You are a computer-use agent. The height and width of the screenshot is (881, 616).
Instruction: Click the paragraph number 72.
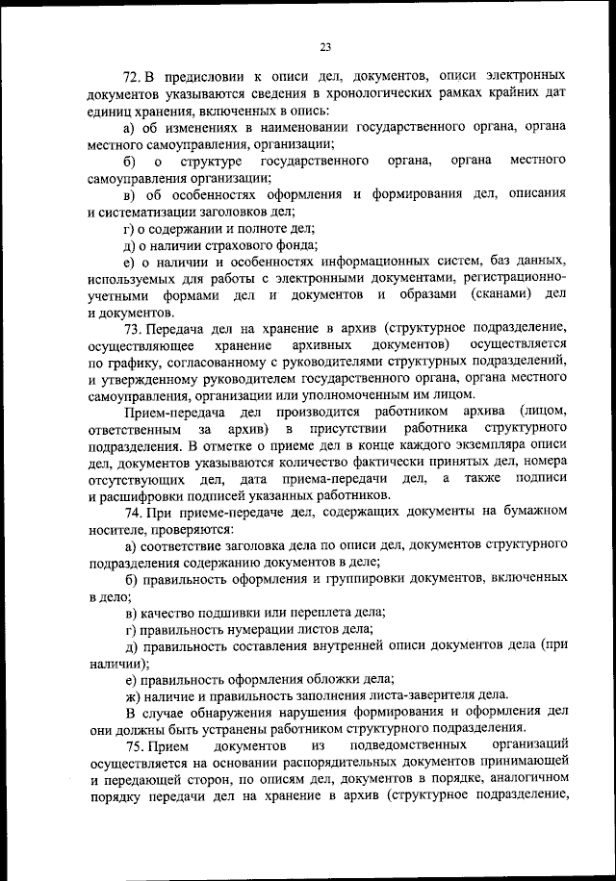[134, 74]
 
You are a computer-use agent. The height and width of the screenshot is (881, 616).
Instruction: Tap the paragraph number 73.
[134, 329]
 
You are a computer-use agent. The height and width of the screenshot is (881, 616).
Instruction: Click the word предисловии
[210, 74]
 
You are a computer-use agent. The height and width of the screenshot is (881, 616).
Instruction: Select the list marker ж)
[134, 694]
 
